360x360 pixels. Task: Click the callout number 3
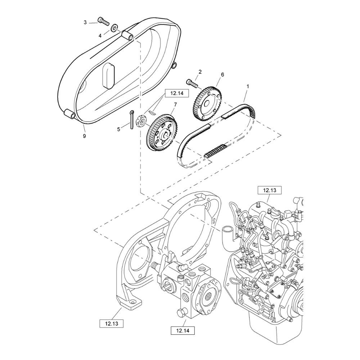click(85, 22)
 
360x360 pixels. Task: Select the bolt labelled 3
click(103, 21)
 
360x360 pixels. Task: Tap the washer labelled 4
click(114, 28)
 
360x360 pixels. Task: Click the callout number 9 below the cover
click(85, 136)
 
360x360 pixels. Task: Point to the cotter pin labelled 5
click(131, 120)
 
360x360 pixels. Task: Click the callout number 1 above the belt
click(248, 86)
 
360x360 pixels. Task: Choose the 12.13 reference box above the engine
click(270, 190)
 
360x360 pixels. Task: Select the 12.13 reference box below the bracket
click(112, 324)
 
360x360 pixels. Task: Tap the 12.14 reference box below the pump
click(183, 330)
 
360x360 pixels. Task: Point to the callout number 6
click(222, 75)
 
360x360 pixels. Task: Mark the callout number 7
click(175, 105)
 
